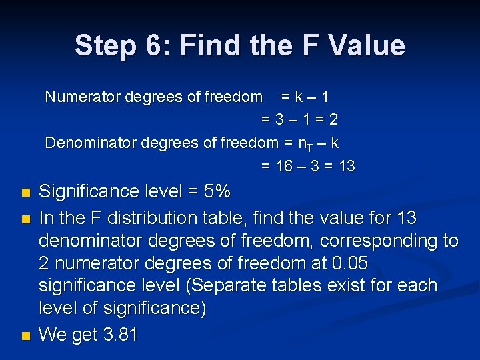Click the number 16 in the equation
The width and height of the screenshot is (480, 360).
click(x=285, y=166)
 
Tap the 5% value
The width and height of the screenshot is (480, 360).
click(x=217, y=192)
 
